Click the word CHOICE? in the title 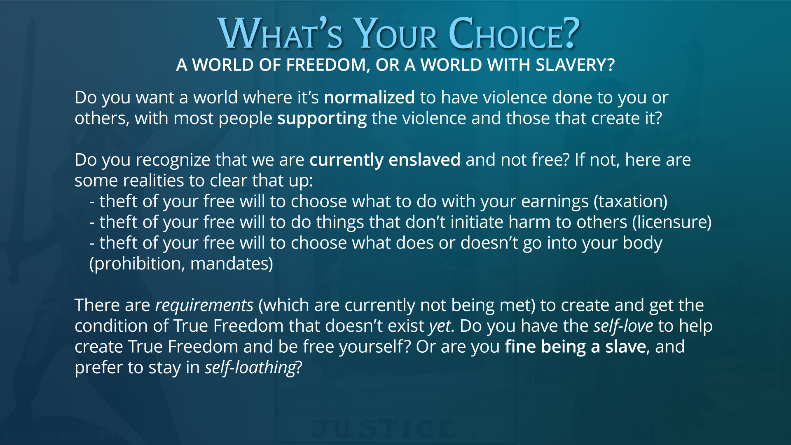514,33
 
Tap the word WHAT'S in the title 280,33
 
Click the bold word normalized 370,98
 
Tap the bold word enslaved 424,160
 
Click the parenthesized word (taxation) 631,201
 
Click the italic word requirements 204,305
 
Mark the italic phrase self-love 623,326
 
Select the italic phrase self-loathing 250,367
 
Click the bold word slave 625,347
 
